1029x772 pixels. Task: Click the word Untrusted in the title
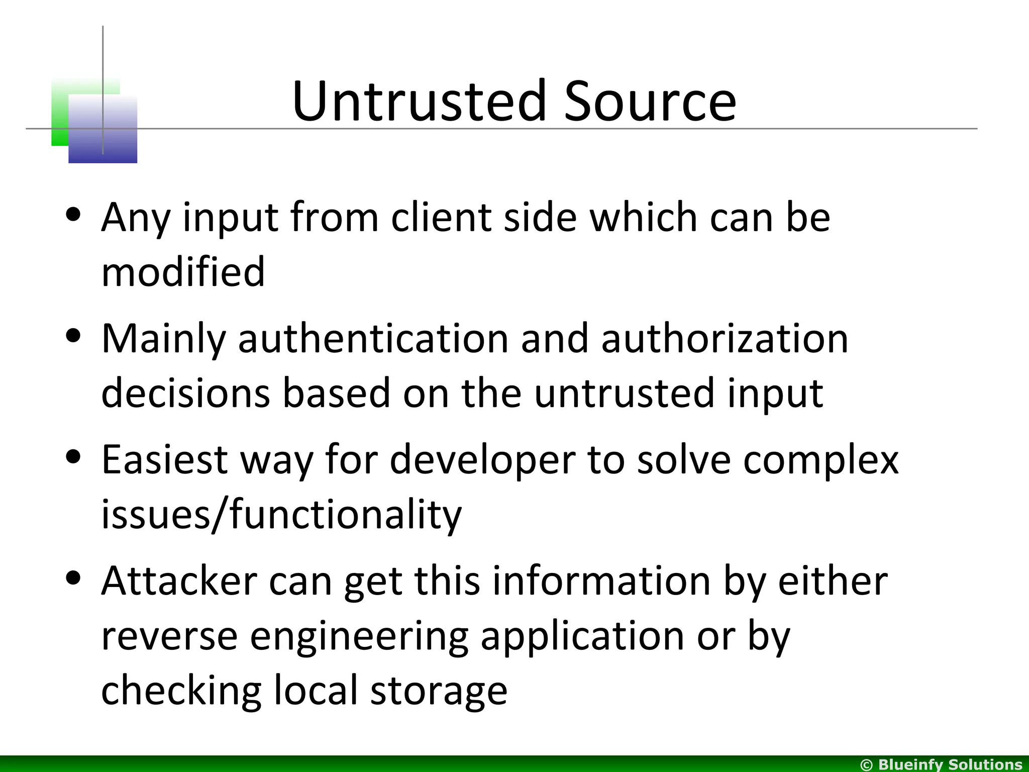coord(419,102)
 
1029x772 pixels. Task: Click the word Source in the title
coord(650,102)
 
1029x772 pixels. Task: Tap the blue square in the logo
coord(102,130)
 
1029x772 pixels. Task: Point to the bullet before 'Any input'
coord(73,215)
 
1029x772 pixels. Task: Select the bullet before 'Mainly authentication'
coord(73,336)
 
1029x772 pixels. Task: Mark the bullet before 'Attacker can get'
coord(73,578)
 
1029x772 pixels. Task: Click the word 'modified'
coord(183,271)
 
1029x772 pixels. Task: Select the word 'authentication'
coord(373,338)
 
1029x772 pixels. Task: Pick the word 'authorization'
coord(725,338)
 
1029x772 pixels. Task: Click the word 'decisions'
coord(185,393)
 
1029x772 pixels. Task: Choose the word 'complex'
coord(820,459)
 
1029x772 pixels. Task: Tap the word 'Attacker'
coord(179,581)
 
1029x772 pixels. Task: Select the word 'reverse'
coord(169,636)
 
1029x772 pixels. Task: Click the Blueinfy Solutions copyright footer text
coord(941,764)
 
